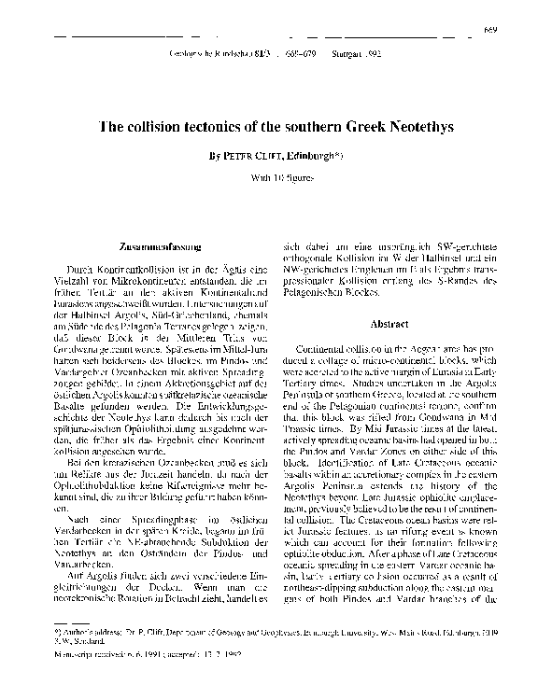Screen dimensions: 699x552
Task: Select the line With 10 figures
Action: [276, 175]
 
